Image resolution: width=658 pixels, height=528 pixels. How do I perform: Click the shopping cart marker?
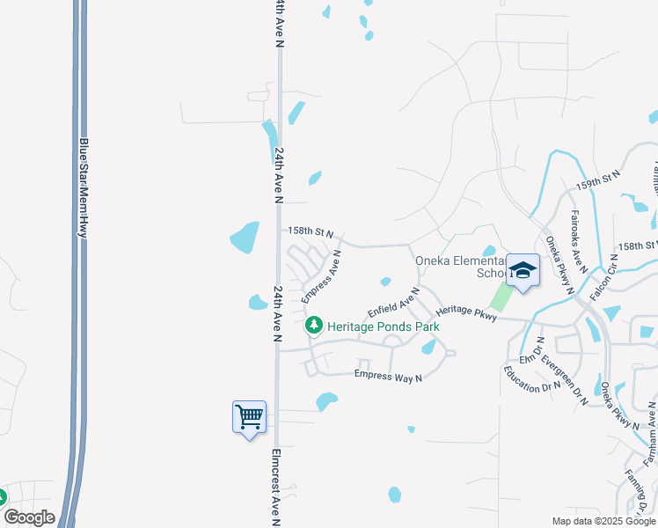click(x=249, y=416)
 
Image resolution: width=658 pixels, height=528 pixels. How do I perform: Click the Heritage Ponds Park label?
click(x=383, y=326)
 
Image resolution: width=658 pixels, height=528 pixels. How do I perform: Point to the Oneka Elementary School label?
click(x=458, y=267)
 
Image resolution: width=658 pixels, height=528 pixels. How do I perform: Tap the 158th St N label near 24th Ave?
click(x=311, y=232)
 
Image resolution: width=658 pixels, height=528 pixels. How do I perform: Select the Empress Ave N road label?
click(x=321, y=276)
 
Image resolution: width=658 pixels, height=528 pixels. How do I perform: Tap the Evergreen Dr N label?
click(x=564, y=380)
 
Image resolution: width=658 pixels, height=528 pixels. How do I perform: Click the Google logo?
click(x=29, y=517)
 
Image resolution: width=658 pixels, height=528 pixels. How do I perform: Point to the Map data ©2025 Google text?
click(x=603, y=521)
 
